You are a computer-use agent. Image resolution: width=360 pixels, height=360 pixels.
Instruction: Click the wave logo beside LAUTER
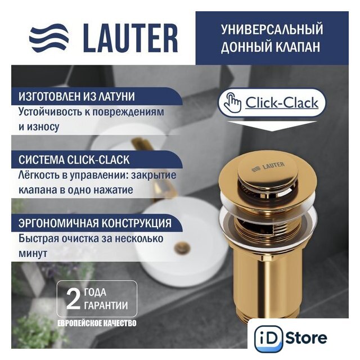[x=49, y=38]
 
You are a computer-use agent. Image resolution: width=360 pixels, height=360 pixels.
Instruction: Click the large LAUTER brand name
[x=130, y=38]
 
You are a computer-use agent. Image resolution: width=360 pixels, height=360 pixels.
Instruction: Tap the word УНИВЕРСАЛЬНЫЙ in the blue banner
[x=272, y=29]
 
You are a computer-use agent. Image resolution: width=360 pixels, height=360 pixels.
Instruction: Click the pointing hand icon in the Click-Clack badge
[x=232, y=103]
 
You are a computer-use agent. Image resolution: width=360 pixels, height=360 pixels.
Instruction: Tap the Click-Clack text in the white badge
[x=282, y=103]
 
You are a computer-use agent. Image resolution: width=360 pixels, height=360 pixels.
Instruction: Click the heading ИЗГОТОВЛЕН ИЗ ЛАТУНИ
[x=76, y=96]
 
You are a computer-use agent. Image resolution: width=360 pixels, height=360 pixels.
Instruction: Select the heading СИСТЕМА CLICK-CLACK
[x=74, y=160]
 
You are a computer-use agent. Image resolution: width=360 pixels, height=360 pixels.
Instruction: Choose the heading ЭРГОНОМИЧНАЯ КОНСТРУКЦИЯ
[x=95, y=223]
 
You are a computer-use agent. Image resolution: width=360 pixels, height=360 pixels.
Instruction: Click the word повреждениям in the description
[x=129, y=112]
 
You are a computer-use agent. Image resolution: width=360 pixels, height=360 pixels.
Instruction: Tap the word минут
[x=33, y=254]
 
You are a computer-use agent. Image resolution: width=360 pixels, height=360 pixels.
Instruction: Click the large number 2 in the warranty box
[x=73, y=299]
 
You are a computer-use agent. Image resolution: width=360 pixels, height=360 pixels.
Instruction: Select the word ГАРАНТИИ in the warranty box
[x=106, y=305]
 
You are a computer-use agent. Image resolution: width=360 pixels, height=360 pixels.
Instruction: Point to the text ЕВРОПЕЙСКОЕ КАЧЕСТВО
[x=97, y=323]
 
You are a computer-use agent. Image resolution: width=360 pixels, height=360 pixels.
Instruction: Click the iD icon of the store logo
[x=268, y=339]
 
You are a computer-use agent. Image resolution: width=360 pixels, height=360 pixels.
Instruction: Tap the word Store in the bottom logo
[x=307, y=338]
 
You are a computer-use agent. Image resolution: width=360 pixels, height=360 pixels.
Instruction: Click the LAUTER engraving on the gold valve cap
[x=268, y=166]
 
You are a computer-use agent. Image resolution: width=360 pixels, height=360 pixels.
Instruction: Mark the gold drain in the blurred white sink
[x=182, y=248]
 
